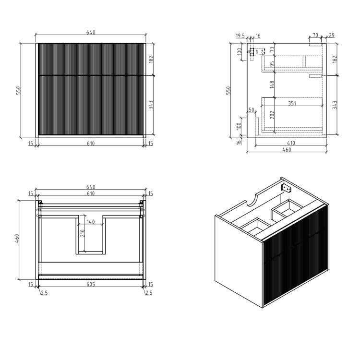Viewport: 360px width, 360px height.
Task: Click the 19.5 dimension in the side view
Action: [x=240, y=36]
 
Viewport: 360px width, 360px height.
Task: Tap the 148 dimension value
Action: [x=272, y=84]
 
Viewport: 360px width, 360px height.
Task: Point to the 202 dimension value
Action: [x=272, y=115]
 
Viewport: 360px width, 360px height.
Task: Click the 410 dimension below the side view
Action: [x=291, y=143]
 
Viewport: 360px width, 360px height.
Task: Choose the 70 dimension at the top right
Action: [x=315, y=36]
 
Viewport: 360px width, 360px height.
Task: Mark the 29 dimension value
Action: [x=331, y=36]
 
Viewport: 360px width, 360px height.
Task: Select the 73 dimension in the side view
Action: [x=272, y=49]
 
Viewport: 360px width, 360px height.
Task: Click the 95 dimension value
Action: [x=272, y=64]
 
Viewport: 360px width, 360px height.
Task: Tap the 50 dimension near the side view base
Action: [x=251, y=110]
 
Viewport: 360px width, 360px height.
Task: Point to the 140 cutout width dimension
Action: [x=91, y=222]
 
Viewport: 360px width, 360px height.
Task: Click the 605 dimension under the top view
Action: [x=91, y=285]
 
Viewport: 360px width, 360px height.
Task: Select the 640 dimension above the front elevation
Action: [x=91, y=33]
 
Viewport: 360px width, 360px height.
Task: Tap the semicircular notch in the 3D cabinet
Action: [x=252, y=198]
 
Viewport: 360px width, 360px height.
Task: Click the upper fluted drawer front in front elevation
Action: [x=91, y=59]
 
